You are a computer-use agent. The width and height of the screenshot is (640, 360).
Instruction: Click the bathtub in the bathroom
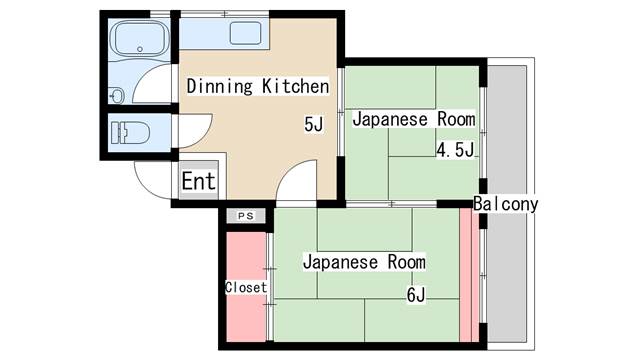point(140,41)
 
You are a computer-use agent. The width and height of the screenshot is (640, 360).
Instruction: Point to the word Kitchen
point(295,87)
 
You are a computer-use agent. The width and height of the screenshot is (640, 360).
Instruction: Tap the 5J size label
point(314,125)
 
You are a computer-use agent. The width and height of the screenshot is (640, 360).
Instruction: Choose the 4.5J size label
point(454,151)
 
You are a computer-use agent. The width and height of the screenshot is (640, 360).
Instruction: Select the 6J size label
point(415,295)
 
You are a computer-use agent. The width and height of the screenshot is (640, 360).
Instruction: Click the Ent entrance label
point(199,182)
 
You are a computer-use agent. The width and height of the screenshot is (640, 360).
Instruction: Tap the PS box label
point(246,215)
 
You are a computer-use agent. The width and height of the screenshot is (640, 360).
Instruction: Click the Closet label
point(245,287)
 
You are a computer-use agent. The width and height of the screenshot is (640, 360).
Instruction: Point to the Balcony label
point(506,204)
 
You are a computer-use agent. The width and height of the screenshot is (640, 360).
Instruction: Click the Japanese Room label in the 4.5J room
point(412,120)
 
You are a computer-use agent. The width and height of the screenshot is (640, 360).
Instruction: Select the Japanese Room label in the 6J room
point(364,262)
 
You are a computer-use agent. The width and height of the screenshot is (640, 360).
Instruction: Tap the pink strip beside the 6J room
point(465,275)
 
